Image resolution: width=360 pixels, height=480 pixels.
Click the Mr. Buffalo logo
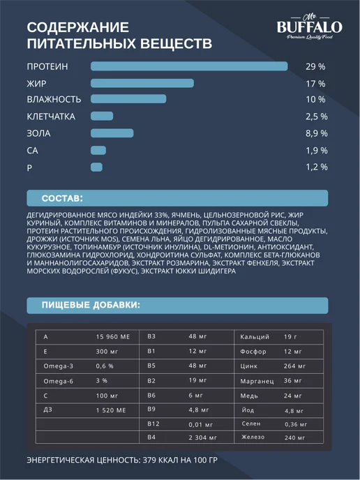pyautogui.click(x=310, y=27)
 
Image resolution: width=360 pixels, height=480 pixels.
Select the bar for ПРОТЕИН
pyautogui.click(x=189, y=66)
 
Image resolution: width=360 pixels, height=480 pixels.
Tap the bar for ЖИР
pyautogui.click(x=142, y=83)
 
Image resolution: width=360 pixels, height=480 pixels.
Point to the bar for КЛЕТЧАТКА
pyautogui.click(x=102, y=116)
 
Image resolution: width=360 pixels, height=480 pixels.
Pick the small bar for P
pyautogui.click(x=96, y=167)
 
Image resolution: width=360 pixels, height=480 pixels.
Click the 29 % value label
pyautogui.click(x=315, y=67)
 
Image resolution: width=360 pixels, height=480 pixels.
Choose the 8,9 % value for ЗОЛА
pyautogui.click(x=317, y=133)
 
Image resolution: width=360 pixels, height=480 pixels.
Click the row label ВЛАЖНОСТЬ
pyautogui.click(x=54, y=100)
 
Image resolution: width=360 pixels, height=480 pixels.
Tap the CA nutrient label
pyautogui.click(x=33, y=151)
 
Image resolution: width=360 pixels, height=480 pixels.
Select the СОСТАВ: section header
pyautogui.click(x=62, y=198)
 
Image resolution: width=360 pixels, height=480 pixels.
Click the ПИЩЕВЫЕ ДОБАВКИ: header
pyautogui.click(x=91, y=305)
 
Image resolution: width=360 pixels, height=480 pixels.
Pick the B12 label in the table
pyautogui.click(x=153, y=424)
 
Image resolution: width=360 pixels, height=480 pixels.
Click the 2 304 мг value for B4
pyautogui.click(x=202, y=437)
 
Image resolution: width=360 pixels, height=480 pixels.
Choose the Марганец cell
pyautogui.click(x=257, y=382)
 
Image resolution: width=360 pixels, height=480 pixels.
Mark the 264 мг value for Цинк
pyautogui.click(x=294, y=366)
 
